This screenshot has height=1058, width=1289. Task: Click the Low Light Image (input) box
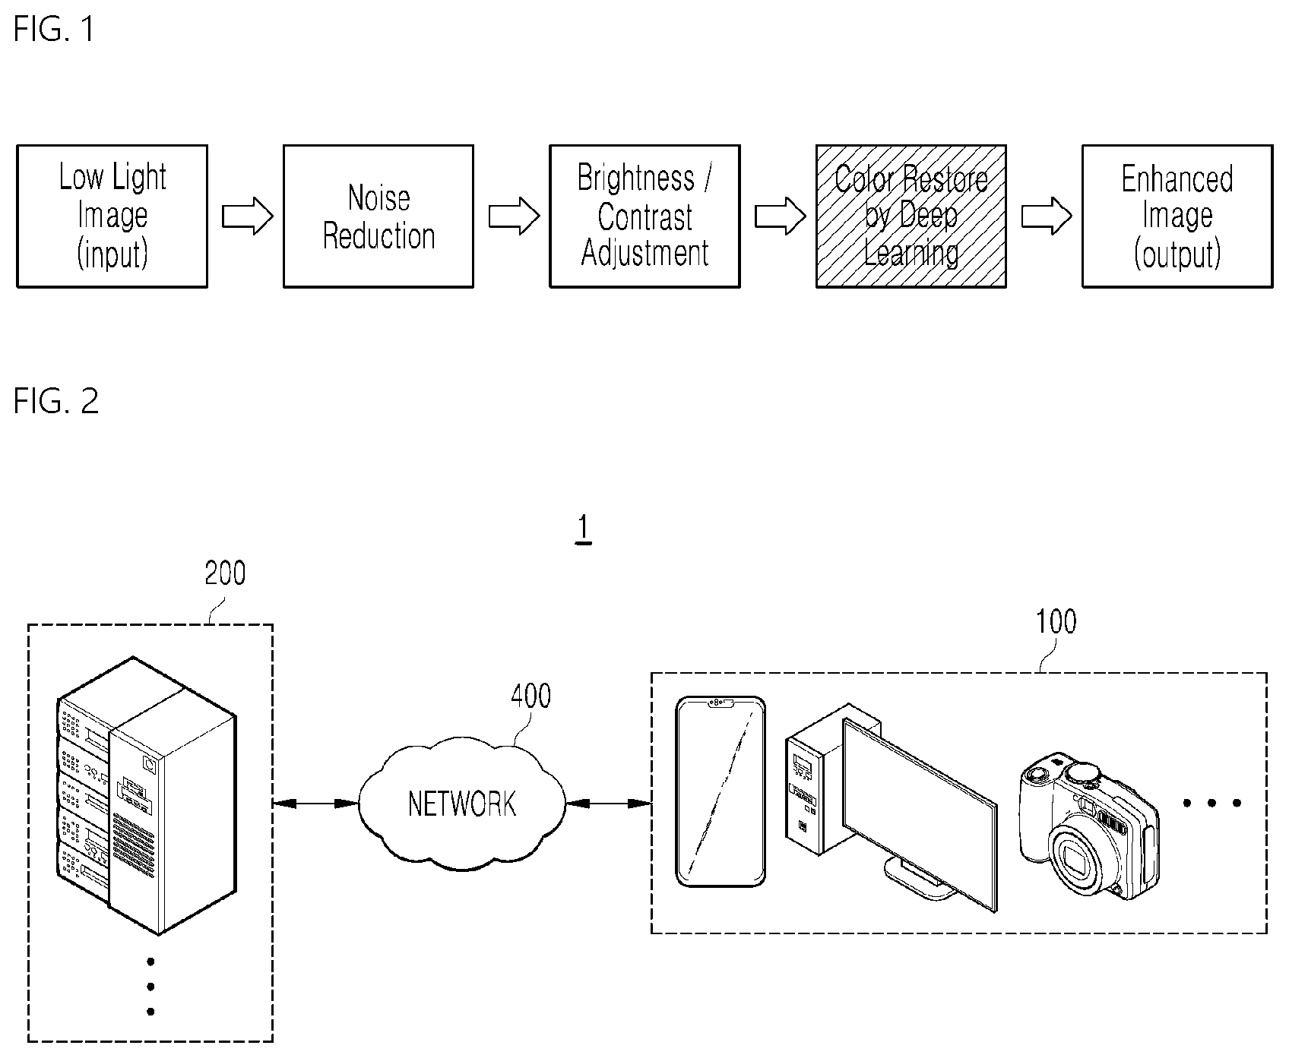(x=112, y=216)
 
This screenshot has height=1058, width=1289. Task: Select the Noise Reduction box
(x=378, y=216)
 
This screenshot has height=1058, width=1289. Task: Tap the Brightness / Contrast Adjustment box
(x=645, y=216)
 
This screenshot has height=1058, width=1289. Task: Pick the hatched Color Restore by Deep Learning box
(x=911, y=216)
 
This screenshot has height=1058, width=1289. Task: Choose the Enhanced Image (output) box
(x=1177, y=216)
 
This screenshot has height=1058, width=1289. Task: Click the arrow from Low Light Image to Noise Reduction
(x=247, y=217)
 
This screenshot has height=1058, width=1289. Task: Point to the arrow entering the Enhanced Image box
(x=1046, y=217)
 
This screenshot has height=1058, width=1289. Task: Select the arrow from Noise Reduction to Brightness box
(x=513, y=217)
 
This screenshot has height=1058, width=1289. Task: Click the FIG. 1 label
(x=55, y=30)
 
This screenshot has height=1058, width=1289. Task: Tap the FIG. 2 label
(x=56, y=401)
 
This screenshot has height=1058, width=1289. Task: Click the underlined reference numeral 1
(x=584, y=529)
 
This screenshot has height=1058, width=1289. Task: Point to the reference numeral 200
(x=225, y=573)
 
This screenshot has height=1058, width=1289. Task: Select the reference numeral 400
(x=530, y=696)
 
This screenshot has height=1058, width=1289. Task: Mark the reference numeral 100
(x=1056, y=622)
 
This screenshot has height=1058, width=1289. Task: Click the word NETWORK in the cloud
(x=462, y=804)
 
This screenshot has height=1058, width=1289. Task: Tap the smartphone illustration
(x=721, y=791)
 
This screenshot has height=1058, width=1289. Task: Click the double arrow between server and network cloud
(x=315, y=803)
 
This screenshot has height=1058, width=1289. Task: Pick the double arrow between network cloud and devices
(x=609, y=803)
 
